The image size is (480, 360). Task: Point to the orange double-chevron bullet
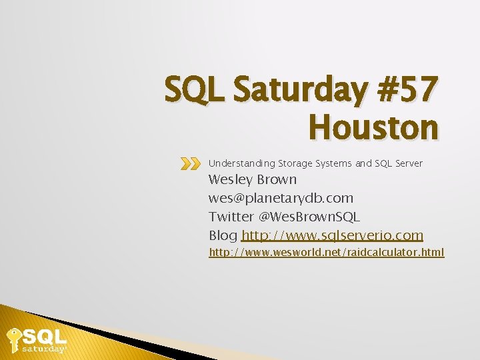pyautogui.click(x=190, y=163)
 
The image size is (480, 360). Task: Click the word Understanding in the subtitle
pyautogui.click(x=242, y=163)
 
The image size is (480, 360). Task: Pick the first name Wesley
pyautogui.click(x=229, y=179)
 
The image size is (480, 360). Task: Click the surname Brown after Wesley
pyautogui.click(x=275, y=179)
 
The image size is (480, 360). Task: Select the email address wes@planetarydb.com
pyautogui.click(x=281, y=198)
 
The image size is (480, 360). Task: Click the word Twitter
pyautogui.click(x=231, y=217)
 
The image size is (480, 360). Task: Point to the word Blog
pyautogui.click(x=223, y=235)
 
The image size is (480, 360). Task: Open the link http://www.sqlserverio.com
pyautogui.click(x=332, y=235)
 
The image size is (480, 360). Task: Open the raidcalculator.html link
pyautogui.click(x=327, y=253)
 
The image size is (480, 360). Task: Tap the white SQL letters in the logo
pyautogui.click(x=45, y=335)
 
